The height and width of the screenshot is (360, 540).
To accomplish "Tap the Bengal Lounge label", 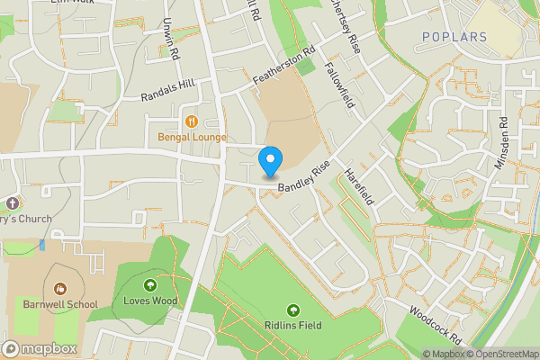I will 192,138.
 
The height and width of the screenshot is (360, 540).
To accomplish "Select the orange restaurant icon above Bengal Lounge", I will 191,121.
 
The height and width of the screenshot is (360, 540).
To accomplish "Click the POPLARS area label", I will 454,37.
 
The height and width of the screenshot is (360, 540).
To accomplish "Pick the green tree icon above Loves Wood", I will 149,285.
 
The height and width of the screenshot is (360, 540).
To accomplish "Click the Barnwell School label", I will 61,304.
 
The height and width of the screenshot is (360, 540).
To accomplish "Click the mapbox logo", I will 40,348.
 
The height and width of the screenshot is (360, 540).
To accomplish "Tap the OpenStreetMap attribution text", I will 506,354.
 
